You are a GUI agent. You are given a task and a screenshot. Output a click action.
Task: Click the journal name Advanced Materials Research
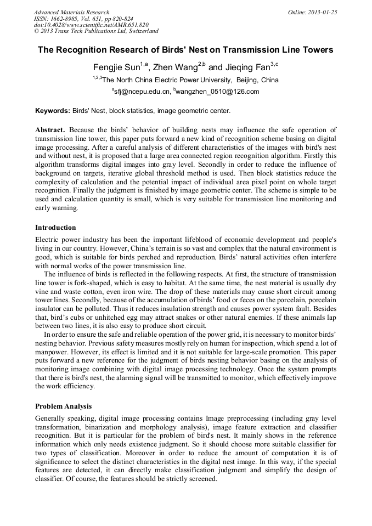[71, 12]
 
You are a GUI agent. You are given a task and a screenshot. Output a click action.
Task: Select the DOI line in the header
[91, 25]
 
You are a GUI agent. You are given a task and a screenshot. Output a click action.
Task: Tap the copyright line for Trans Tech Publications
[96, 31]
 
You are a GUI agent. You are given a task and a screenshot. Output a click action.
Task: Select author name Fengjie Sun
[116, 67]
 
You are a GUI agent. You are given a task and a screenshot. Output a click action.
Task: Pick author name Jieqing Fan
[246, 67]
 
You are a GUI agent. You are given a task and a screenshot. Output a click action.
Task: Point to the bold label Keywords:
[53, 111]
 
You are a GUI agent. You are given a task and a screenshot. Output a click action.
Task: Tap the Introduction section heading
[55, 228]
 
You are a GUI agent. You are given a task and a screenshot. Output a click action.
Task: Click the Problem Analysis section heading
[63, 406]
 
